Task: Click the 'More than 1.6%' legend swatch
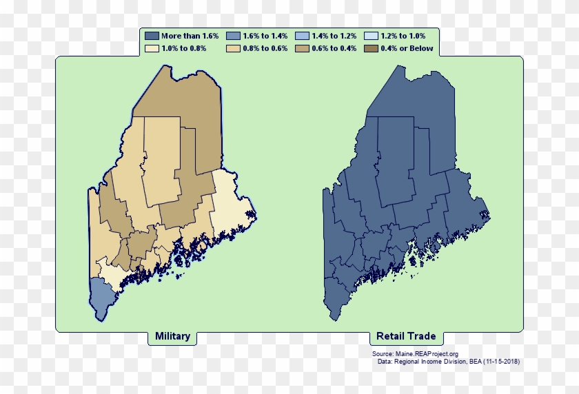pyautogui.click(x=152, y=36)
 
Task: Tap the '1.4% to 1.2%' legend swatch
pyautogui.click(x=302, y=36)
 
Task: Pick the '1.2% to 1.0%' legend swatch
pyautogui.click(x=370, y=36)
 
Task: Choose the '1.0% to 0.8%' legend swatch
pyautogui.click(x=152, y=49)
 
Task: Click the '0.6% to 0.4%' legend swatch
pyautogui.click(x=302, y=49)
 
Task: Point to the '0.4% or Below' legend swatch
pyautogui.click(x=370, y=49)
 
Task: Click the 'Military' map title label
pyautogui.click(x=172, y=337)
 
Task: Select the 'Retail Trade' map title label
pyautogui.click(x=406, y=337)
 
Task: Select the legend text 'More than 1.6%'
pyautogui.click(x=190, y=36)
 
